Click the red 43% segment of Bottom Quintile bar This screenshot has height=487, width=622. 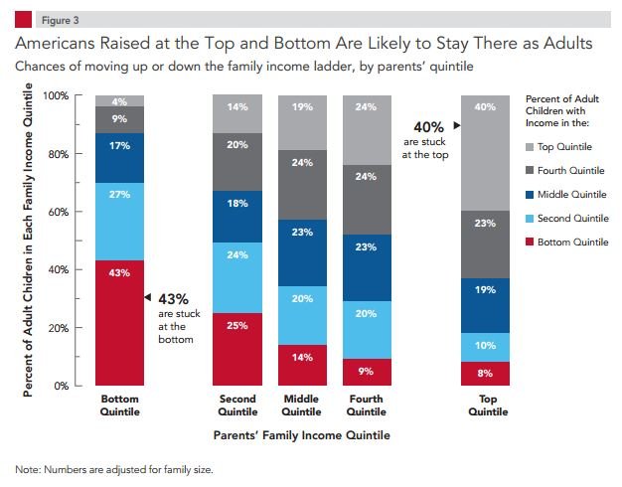click(120, 322)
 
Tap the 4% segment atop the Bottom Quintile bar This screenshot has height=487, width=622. click(120, 100)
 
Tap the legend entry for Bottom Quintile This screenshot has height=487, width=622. click(572, 242)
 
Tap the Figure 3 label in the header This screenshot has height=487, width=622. click(58, 18)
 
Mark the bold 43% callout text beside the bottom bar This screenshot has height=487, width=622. click(174, 298)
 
